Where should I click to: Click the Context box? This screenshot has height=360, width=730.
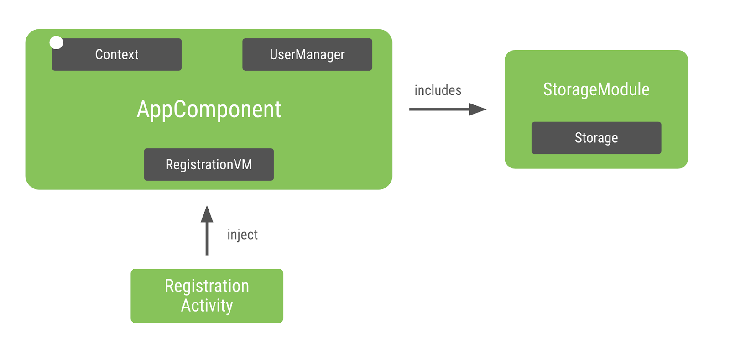click(x=117, y=54)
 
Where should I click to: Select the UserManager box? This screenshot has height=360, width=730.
click(x=307, y=54)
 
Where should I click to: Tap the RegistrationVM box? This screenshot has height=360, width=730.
click(x=209, y=164)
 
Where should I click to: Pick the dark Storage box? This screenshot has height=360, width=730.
click(x=596, y=138)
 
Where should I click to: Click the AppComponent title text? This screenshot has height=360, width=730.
click(x=209, y=110)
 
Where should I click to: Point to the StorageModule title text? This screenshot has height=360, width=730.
click(x=596, y=89)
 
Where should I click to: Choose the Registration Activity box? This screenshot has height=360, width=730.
click(x=207, y=296)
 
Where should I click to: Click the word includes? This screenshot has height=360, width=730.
click(x=438, y=90)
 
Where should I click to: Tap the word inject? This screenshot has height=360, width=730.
click(x=242, y=235)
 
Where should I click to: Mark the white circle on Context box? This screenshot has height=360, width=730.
click(x=56, y=42)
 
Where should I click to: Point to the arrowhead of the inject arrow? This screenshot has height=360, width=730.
click(x=207, y=214)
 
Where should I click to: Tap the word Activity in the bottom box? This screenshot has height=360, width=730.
click(x=207, y=305)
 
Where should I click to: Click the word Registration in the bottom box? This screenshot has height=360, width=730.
click(x=207, y=286)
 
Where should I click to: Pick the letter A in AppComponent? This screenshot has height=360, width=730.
click(x=143, y=109)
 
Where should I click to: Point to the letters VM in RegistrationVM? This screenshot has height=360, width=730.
click(x=242, y=164)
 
